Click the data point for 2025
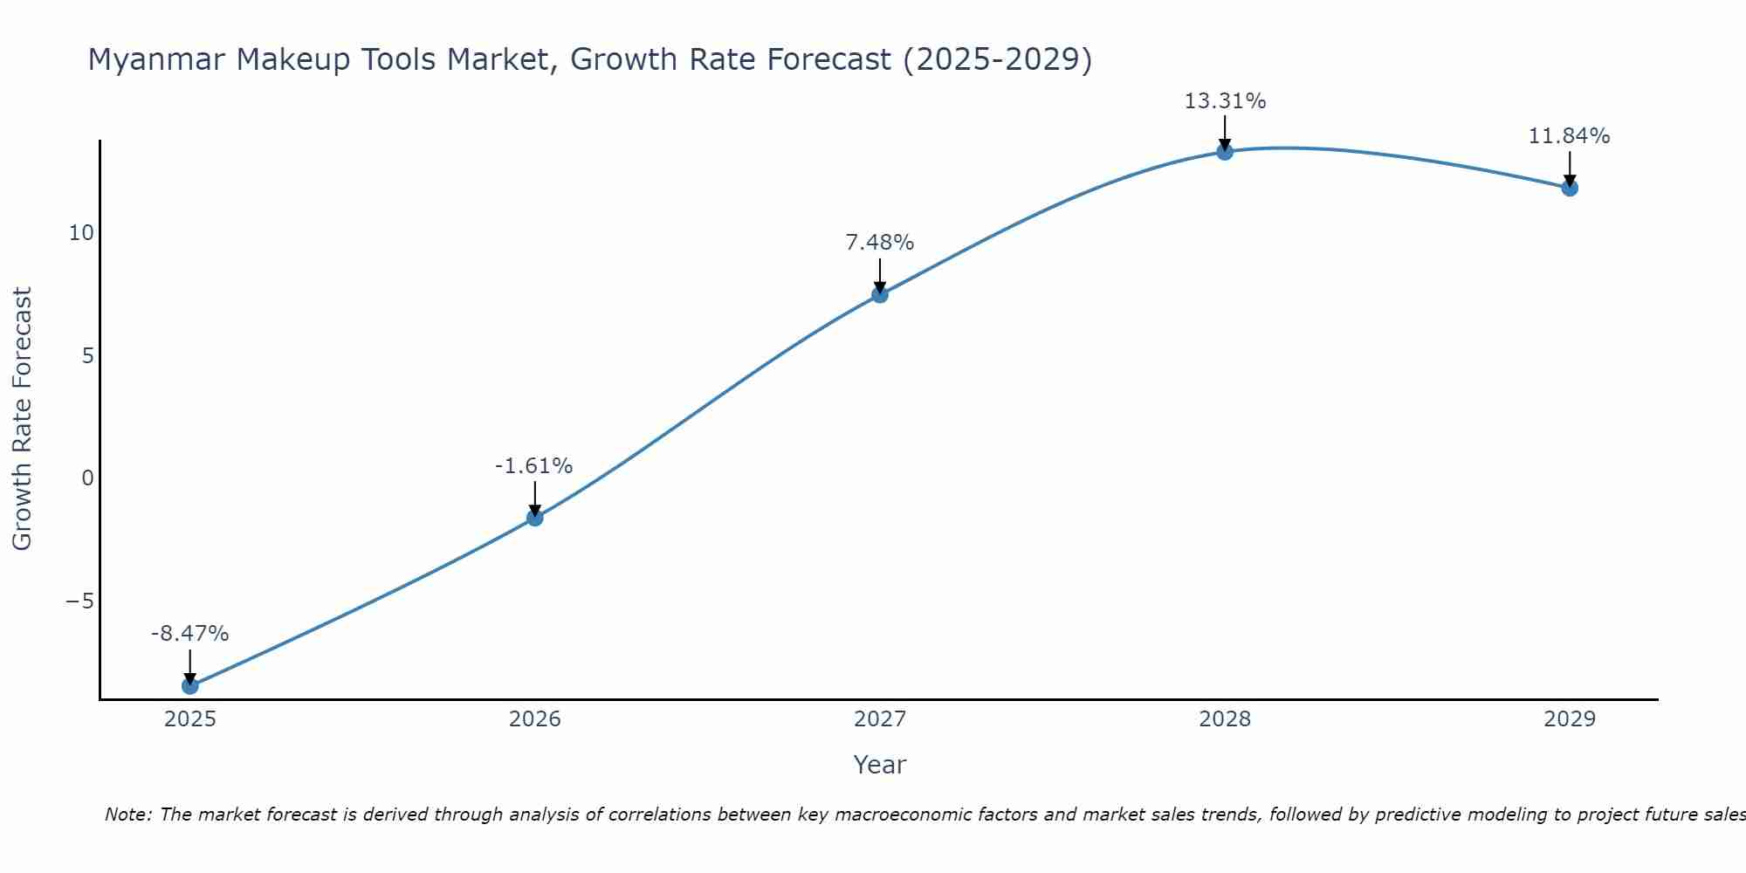pos(189,685)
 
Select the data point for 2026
pos(534,518)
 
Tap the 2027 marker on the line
pos(879,294)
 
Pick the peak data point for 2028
pos(1225,152)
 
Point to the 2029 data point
pos(1570,188)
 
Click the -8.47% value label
pos(189,634)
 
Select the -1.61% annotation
pos(533,466)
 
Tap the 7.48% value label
pos(879,243)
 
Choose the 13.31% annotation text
pos(1225,101)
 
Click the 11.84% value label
pos(1569,136)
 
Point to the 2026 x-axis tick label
pos(534,719)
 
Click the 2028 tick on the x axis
pos(1225,719)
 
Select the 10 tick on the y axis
pos(81,233)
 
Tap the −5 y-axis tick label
pos(79,601)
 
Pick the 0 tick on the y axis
pos(87,478)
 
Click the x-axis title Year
pos(879,765)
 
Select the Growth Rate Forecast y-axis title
pos(22,419)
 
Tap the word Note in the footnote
pos(127,815)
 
